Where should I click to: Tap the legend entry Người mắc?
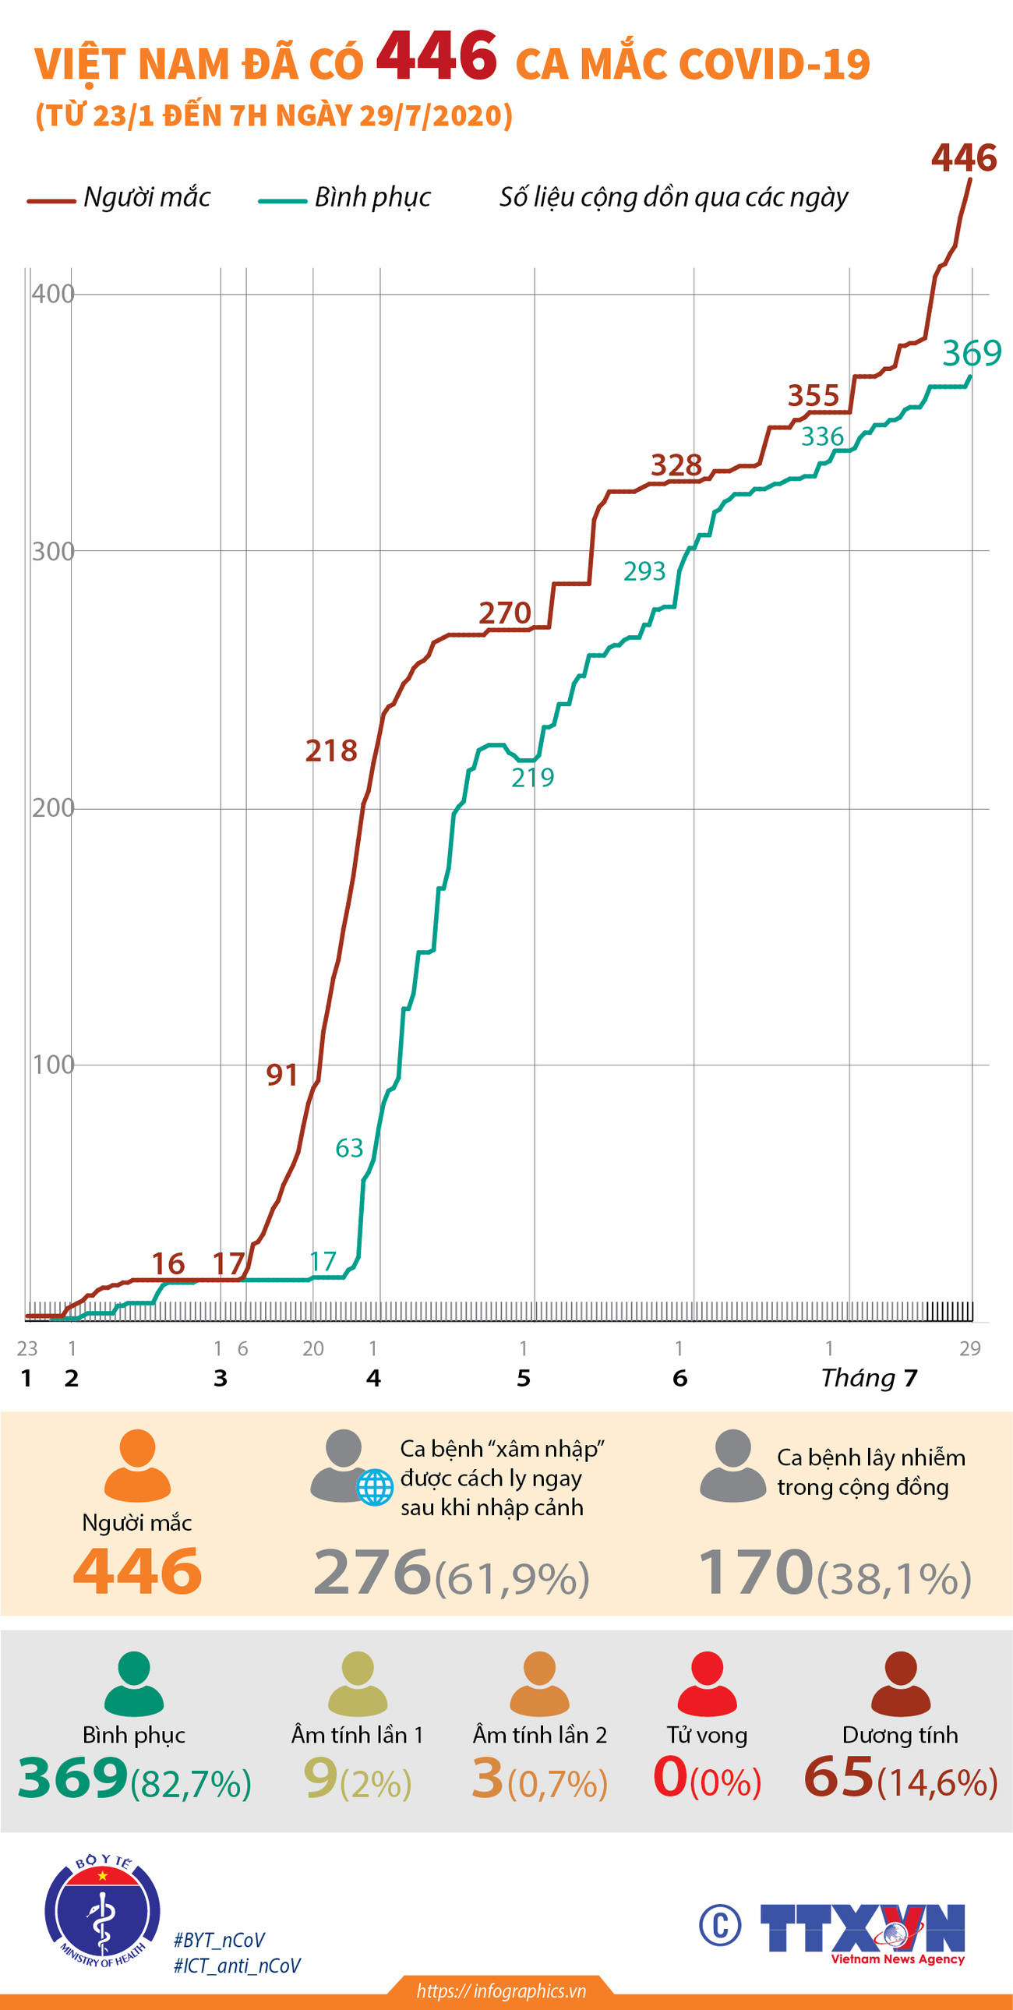[x=146, y=197]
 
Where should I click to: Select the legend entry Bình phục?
[x=372, y=197]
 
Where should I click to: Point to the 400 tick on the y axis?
[x=52, y=294]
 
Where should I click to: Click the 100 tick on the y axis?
[x=52, y=1065]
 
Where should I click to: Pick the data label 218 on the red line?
[x=331, y=751]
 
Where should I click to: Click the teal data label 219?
[x=532, y=777]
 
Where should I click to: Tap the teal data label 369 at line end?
[x=971, y=354]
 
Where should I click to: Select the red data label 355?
[x=813, y=396]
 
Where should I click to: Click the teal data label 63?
[x=349, y=1148]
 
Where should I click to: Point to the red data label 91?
[x=282, y=1076]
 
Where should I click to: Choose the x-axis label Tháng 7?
[x=868, y=1378]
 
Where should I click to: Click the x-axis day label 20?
[x=313, y=1348]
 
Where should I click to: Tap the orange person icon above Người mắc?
[x=137, y=1465]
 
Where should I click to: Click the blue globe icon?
[x=375, y=1486]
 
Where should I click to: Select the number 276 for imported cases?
[x=372, y=1571]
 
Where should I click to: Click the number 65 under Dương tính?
[x=838, y=1777]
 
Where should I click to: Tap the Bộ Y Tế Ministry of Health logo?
[x=102, y=1910]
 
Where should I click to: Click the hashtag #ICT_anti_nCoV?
[x=236, y=1966]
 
